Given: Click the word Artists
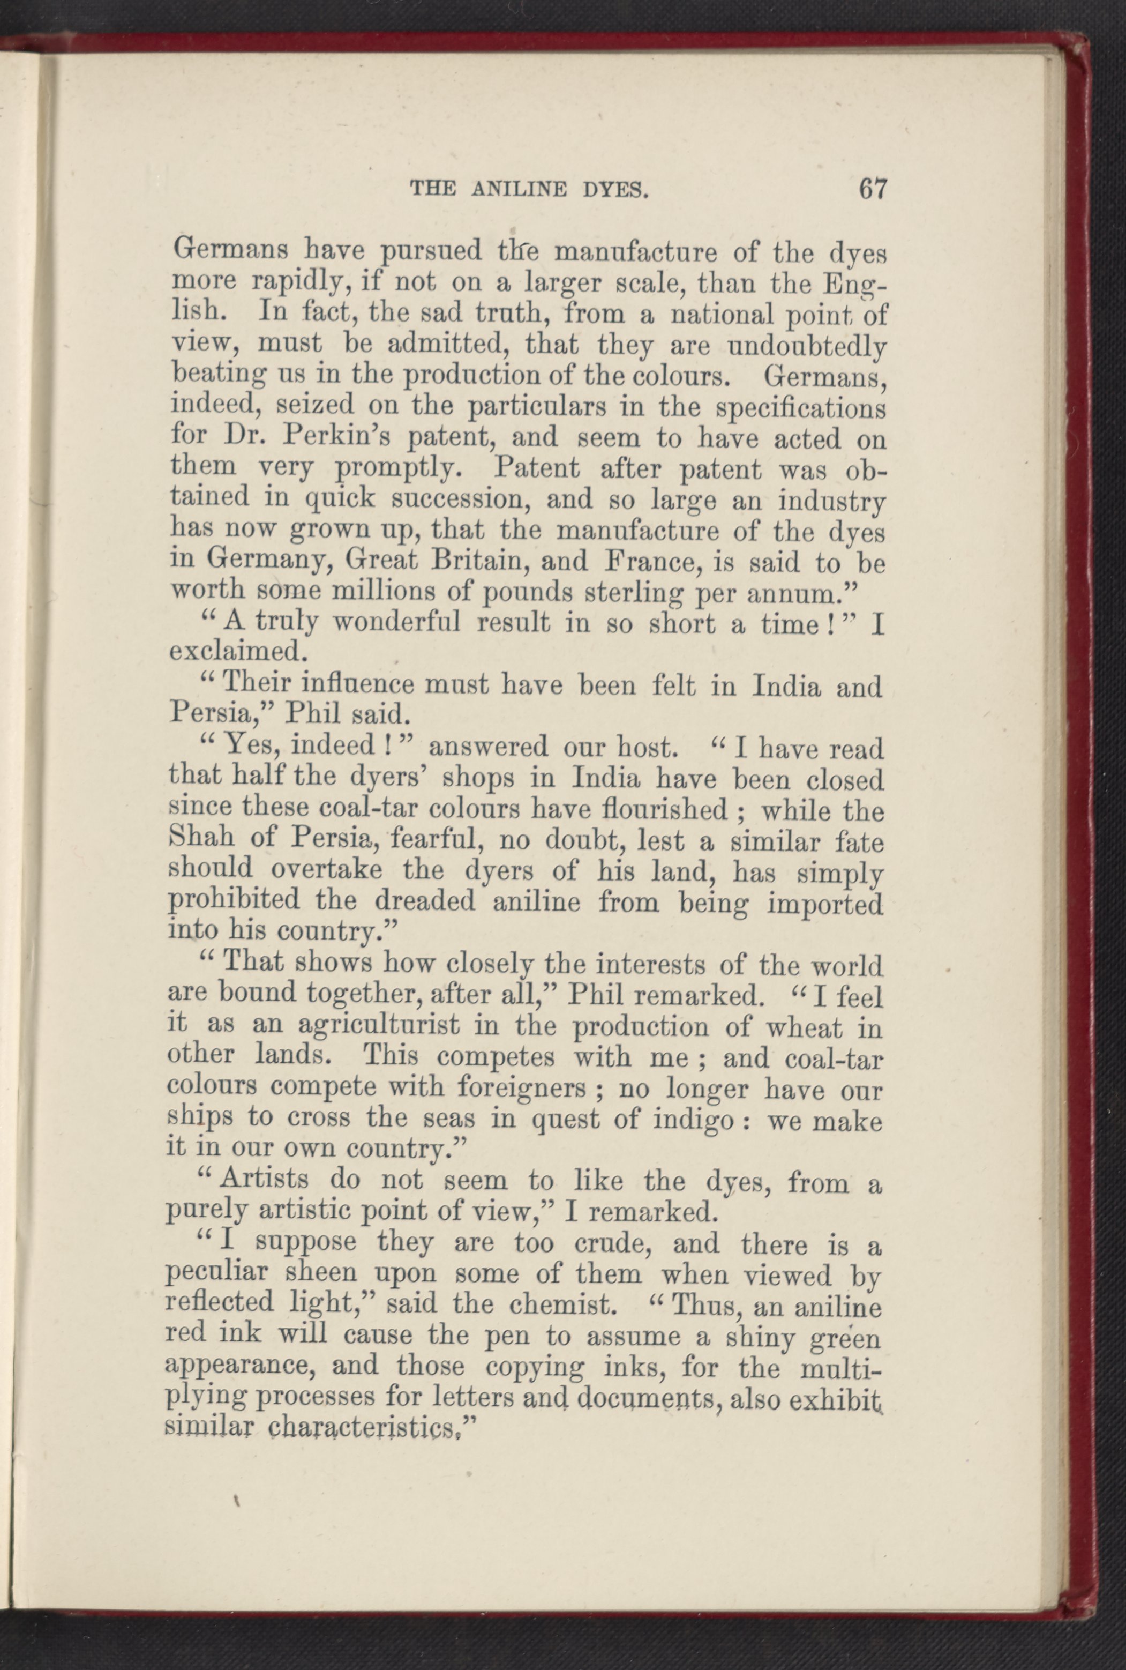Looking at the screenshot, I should [x=264, y=1180].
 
